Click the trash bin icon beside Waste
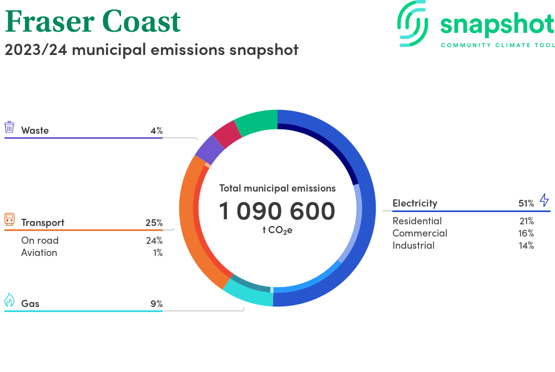coord(9,127)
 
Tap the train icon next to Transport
coord(9,219)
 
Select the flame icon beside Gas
coord(9,300)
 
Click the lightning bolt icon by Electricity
coord(544,200)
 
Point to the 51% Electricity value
coord(526,203)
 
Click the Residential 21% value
coord(527,221)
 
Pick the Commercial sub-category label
coord(420,233)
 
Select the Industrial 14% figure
coord(526,245)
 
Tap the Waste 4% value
coord(157,130)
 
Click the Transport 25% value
coord(154,223)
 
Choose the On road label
coord(39,240)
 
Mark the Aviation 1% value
coord(158,253)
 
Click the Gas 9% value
coord(157,304)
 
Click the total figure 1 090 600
coord(277,211)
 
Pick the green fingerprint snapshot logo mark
coord(412,23)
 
